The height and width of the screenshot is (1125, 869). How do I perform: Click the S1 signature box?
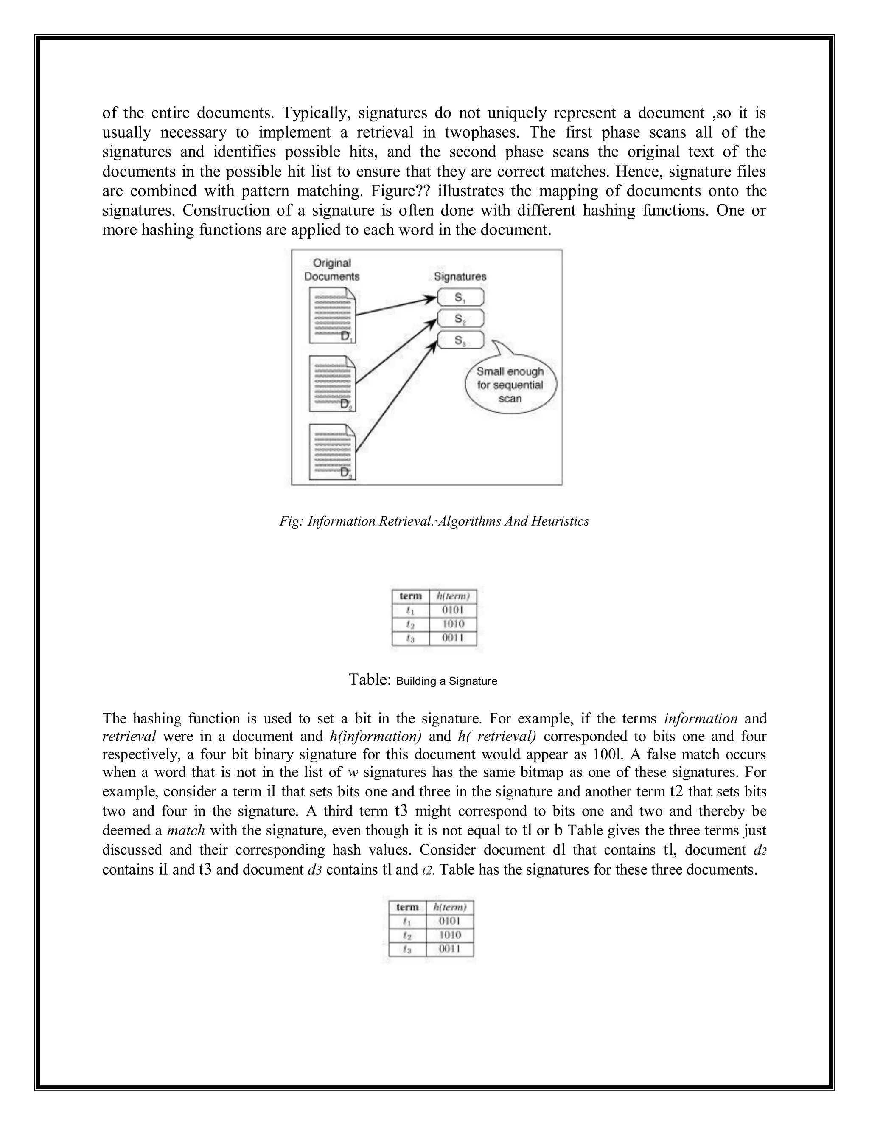pyautogui.click(x=460, y=297)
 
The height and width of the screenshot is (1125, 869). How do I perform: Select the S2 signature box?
pyautogui.click(x=460, y=319)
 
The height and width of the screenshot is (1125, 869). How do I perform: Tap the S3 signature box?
pyautogui.click(x=460, y=340)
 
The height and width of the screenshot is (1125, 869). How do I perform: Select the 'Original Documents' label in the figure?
pyautogui.click(x=331, y=270)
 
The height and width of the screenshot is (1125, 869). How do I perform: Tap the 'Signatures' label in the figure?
pyautogui.click(x=460, y=277)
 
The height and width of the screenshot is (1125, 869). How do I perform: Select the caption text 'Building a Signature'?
pyautogui.click(x=446, y=681)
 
